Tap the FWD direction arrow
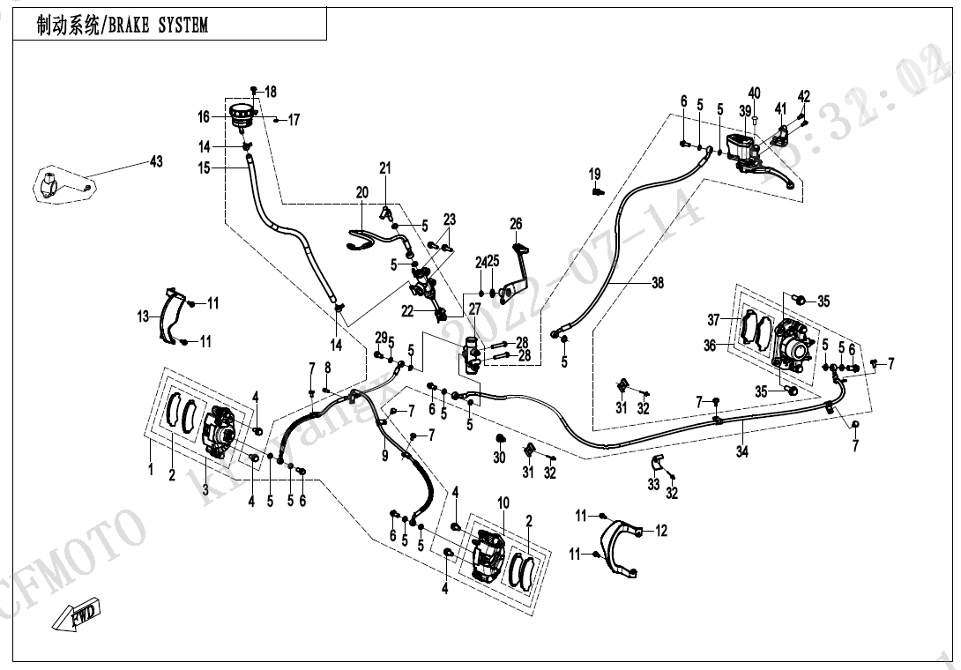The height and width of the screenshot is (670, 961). coord(78,613)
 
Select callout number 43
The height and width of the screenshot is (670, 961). coord(156,162)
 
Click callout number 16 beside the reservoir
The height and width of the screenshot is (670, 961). coord(204,117)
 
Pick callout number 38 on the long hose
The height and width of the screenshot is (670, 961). coord(658,283)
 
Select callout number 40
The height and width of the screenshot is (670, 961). coord(754,93)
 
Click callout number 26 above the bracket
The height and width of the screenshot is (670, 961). coord(516,225)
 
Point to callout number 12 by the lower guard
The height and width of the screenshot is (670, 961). coord(661,531)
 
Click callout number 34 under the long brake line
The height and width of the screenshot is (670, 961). coord(742,451)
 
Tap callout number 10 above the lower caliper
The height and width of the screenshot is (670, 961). coord(503,502)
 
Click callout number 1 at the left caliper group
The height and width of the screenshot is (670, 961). coord(150,470)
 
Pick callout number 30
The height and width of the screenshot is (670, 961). coord(499,458)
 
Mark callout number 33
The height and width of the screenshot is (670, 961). coord(653,483)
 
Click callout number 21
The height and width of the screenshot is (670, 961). coord(384,168)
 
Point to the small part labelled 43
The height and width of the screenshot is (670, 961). coord(55,186)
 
